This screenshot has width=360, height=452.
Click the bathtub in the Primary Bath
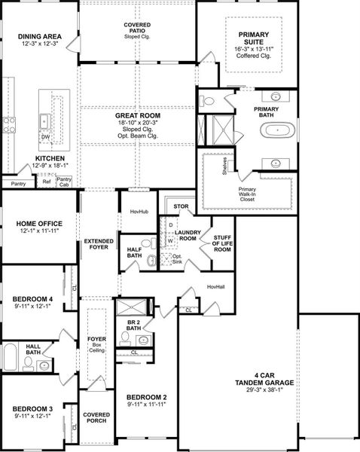point(279,130)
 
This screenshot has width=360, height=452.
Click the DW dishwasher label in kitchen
point(46,137)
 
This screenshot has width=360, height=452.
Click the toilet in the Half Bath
point(152,261)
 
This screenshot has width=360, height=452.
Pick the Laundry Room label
point(186,235)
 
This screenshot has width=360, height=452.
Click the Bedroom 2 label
point(146,401)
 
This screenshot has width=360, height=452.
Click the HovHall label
point(216,286)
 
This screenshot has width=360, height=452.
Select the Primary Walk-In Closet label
point(248,193)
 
